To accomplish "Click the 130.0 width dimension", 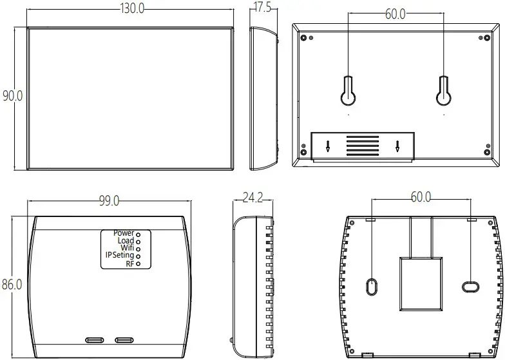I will pos(132,8).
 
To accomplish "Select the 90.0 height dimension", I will pos(13,96).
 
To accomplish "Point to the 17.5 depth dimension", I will pos(262,8).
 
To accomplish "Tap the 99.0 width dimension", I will pos(109,201).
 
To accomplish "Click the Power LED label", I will pos(124,232).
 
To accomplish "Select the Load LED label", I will pos(126,240).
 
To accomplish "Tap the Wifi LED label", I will pos(128,248).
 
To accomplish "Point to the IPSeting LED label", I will pos(120,256).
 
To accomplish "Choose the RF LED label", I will pos(130,263).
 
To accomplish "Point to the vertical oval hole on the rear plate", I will pos(371,285).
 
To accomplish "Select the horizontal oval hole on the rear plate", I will pos(470,285).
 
